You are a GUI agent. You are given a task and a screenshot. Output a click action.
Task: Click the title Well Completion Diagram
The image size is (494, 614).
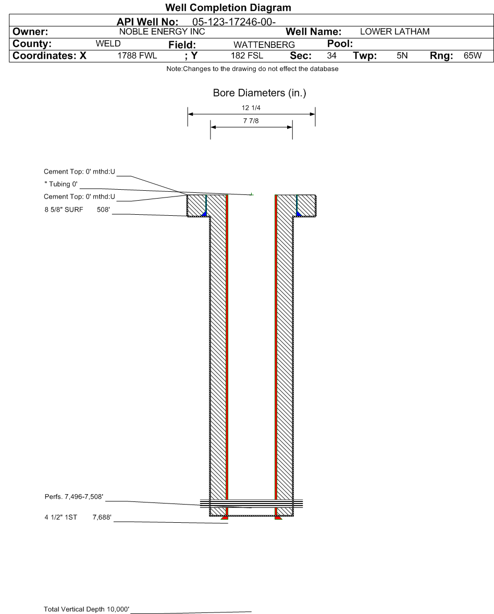click(x=228, y=7)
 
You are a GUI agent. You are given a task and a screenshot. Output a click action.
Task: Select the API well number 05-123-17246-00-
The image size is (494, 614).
click(x=234, y=22)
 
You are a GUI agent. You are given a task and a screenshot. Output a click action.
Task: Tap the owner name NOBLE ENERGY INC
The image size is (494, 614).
click(x=162, y=32)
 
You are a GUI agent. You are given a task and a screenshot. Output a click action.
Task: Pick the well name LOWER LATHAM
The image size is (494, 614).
click(x=394, y=32)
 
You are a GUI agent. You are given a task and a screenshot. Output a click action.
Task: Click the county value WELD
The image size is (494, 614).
click(x=108, y=43)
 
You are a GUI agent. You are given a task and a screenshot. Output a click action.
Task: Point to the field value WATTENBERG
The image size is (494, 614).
click(x=264, y=45)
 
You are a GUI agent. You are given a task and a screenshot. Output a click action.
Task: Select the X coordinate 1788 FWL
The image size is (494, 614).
click(x=137, y=56)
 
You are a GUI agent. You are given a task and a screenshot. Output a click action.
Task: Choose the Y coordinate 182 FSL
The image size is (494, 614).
click(x=247, y=56)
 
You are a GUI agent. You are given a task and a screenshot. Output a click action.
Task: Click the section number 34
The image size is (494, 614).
click(x=331, y=56)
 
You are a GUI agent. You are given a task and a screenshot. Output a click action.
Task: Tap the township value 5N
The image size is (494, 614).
click(x=402, y=56)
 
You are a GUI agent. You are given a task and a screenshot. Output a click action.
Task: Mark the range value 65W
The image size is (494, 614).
click(x=473, y=56)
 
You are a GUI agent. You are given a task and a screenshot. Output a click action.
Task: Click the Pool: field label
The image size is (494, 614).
click(x=340, y=43)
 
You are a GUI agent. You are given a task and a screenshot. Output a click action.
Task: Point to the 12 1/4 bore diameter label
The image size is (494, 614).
click(x=251, y=108)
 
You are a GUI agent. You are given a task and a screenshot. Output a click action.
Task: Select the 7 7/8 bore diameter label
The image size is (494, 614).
click(x=251, y=121)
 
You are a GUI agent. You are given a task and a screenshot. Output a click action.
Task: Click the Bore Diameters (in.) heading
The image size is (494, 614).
click(x=260, y=93)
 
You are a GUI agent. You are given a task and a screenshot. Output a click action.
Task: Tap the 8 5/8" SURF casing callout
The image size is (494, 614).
click(x=64, y=210)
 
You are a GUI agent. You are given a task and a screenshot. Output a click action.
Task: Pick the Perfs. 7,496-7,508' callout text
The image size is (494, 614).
click(x=74, y=497)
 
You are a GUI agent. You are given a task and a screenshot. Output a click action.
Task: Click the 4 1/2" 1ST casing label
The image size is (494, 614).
click(x=60, y=517)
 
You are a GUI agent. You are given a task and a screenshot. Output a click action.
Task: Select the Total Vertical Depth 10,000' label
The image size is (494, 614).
click(x=87, y=609)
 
